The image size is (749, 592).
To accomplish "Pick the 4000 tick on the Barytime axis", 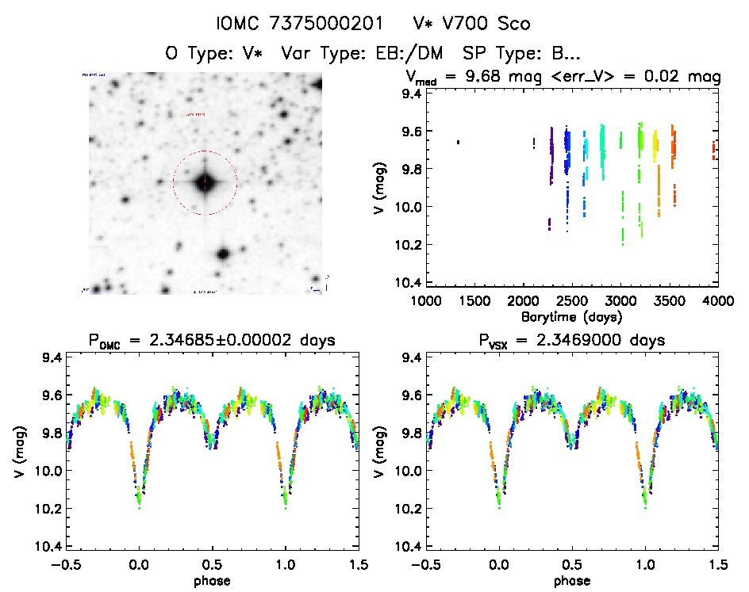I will pyautogui.click(x=718, y=301).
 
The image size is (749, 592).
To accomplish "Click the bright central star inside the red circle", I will pyautogui.click(x=205, y=181).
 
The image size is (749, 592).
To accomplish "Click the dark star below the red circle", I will pyautogui.click(x=222, y=254).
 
